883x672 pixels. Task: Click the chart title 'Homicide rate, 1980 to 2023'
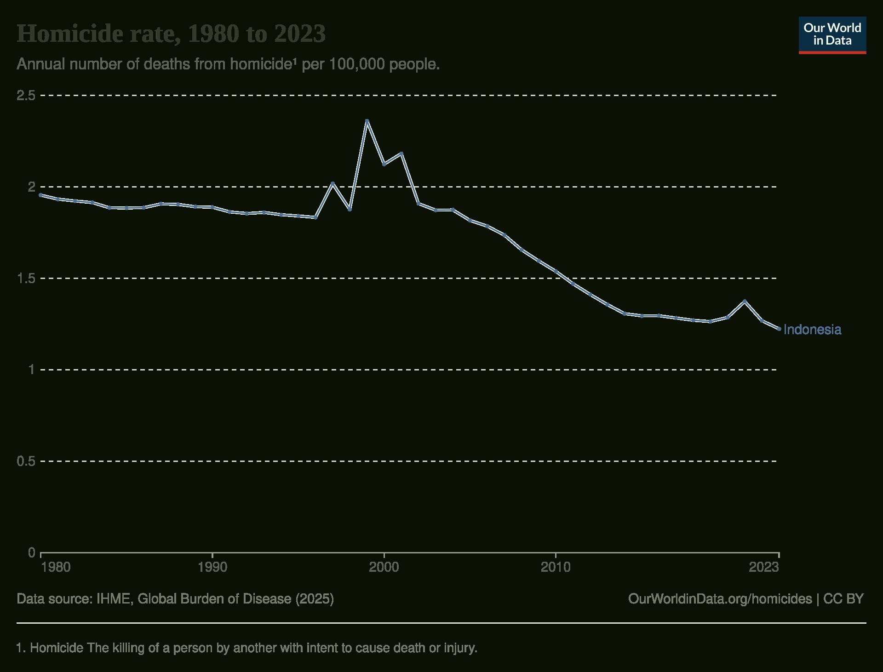coord(171,34)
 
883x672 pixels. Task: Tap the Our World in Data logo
coord(832,35)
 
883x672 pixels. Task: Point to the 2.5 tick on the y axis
coord(26,96)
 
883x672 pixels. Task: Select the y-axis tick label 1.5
coord(26,279)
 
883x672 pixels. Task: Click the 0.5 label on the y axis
coord(26,461)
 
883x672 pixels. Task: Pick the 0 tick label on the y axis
coord(31,552)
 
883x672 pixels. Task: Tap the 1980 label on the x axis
coord(56,567)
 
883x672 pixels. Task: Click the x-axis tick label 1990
coord(212,567)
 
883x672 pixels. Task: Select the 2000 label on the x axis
coord(384,567)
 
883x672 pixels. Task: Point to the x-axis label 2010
coord(556,567)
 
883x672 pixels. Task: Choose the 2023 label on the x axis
coord(764,567)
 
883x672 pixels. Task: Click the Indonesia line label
coord(812,330)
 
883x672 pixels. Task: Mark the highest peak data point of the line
coord(367,121)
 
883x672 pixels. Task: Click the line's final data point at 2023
coord(779,329)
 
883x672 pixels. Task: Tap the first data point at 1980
coord(41,195)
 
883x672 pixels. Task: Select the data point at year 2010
coord(556,272)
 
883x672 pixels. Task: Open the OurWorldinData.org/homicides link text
coord(720,599)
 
